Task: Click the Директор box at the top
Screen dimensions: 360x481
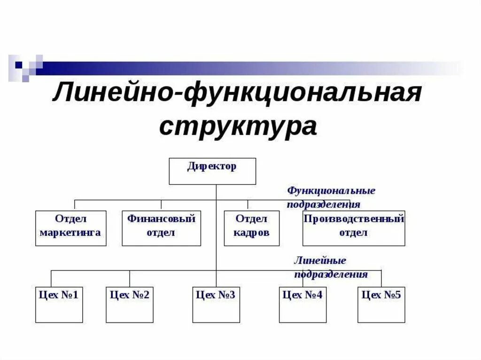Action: point(212,171)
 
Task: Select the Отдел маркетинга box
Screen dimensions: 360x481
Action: point(71,228)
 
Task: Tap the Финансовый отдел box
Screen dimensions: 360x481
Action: point(161,228)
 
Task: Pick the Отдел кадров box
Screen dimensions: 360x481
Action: point(251,228)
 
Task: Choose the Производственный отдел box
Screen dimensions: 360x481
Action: point(354,228)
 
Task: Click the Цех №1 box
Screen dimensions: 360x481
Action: point(59,305)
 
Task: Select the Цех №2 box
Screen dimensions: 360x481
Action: point(130,305)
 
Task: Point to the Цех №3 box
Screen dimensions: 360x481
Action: point(216,305)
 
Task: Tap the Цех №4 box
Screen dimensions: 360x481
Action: point(303,305)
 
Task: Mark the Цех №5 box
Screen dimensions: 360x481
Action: point(381,305)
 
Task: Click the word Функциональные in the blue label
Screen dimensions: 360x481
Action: point(331,191)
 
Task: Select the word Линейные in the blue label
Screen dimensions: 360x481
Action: point(320,260)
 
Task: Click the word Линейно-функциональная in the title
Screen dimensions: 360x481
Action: point(237,94)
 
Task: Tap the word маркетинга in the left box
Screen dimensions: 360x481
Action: point(70,233)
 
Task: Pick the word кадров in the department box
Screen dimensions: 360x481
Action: point(251,233)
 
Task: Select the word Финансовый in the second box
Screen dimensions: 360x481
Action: point(161,219)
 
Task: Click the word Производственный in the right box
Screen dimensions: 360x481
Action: point(354,219)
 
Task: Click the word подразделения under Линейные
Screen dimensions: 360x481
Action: point(331,275)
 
